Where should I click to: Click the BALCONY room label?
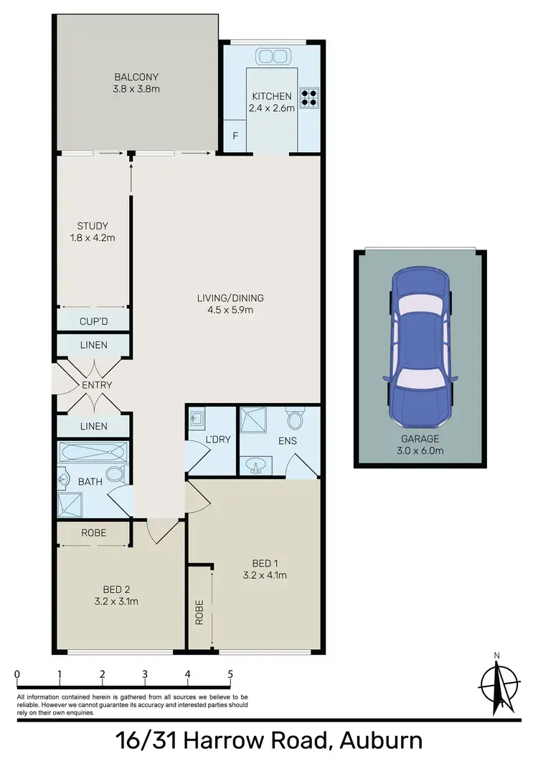(136, 77)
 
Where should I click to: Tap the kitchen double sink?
(272, 57)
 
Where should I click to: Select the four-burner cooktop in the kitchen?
(309, 97)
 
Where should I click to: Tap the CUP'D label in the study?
(93, 320)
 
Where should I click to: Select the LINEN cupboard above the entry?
(93, 345)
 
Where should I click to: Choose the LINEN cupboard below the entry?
(93, 426)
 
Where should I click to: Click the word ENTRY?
(97, 385)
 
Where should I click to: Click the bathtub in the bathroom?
(94, 453)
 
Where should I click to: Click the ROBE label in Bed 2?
(94, 534)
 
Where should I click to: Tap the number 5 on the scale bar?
(230, 674)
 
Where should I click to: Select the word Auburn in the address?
(380, 739)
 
